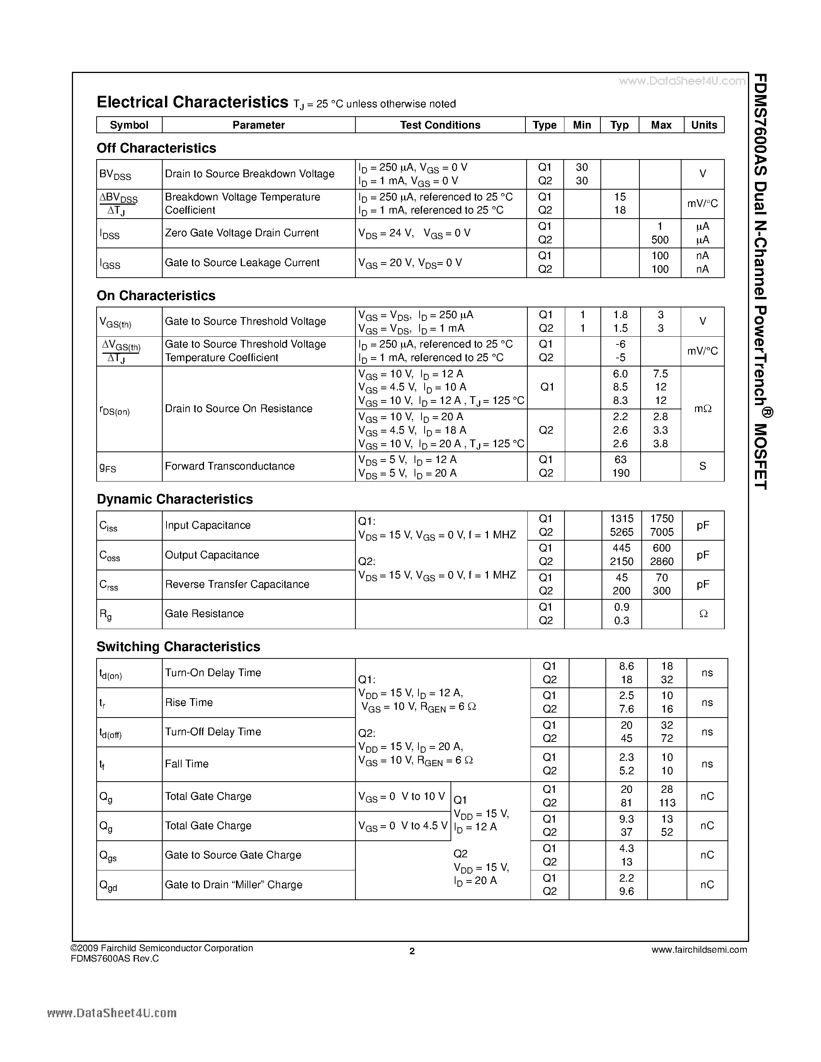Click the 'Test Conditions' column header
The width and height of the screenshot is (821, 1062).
(440, 125)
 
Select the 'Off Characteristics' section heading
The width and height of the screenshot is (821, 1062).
(156, 148)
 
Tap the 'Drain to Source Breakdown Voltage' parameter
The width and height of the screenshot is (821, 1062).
(250, 174)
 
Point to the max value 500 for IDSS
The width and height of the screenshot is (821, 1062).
(660, 240)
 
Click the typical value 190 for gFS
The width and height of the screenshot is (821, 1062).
(620, 473)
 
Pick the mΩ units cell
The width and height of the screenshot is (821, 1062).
(702, 409)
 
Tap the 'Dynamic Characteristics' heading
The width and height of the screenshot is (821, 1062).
(175, 499)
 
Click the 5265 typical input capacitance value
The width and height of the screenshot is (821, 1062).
(621, 532)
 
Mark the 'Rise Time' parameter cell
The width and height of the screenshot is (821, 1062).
(189, 702)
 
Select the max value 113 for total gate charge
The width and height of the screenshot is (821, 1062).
(667, 803)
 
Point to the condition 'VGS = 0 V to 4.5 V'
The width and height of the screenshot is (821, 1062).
(403, 826)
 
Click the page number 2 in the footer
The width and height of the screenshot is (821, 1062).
(412, 951)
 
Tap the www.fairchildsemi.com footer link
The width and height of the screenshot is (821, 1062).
(699, 949)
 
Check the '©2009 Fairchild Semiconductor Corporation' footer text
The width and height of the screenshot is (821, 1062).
(162, 948)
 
